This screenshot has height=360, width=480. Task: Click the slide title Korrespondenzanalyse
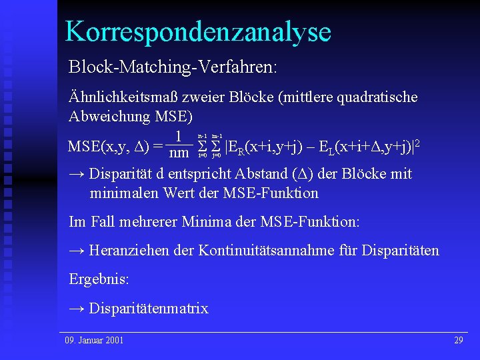[198, 31]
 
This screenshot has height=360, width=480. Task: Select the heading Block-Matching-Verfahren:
[173, 68]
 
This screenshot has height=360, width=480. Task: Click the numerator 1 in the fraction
[179, 137]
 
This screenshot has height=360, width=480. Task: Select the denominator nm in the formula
[179, 153]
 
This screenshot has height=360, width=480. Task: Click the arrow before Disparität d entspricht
[77, 174]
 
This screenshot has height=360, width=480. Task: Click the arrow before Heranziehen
[77, 251]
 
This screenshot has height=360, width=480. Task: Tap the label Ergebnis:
[97, 279]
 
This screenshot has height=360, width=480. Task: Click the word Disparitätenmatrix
[149, 308]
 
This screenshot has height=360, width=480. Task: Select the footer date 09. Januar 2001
[94, 341]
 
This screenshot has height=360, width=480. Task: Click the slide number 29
[458, 341]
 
